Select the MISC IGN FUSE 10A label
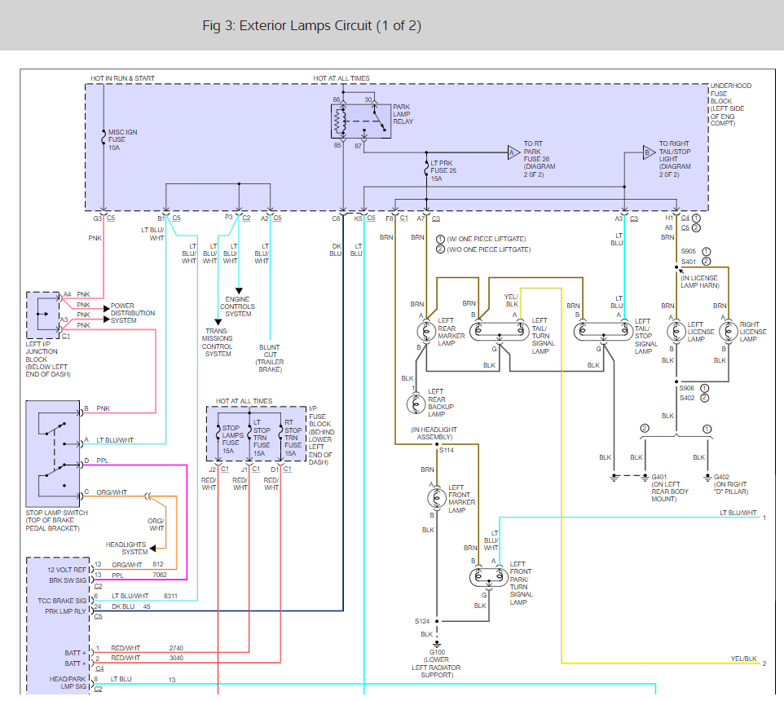122,139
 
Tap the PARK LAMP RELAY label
403,114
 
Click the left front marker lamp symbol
435,497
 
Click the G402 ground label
730,484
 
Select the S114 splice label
447,450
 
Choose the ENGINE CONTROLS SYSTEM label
238,307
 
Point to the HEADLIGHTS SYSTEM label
126,549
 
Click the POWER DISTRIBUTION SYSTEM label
133,314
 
